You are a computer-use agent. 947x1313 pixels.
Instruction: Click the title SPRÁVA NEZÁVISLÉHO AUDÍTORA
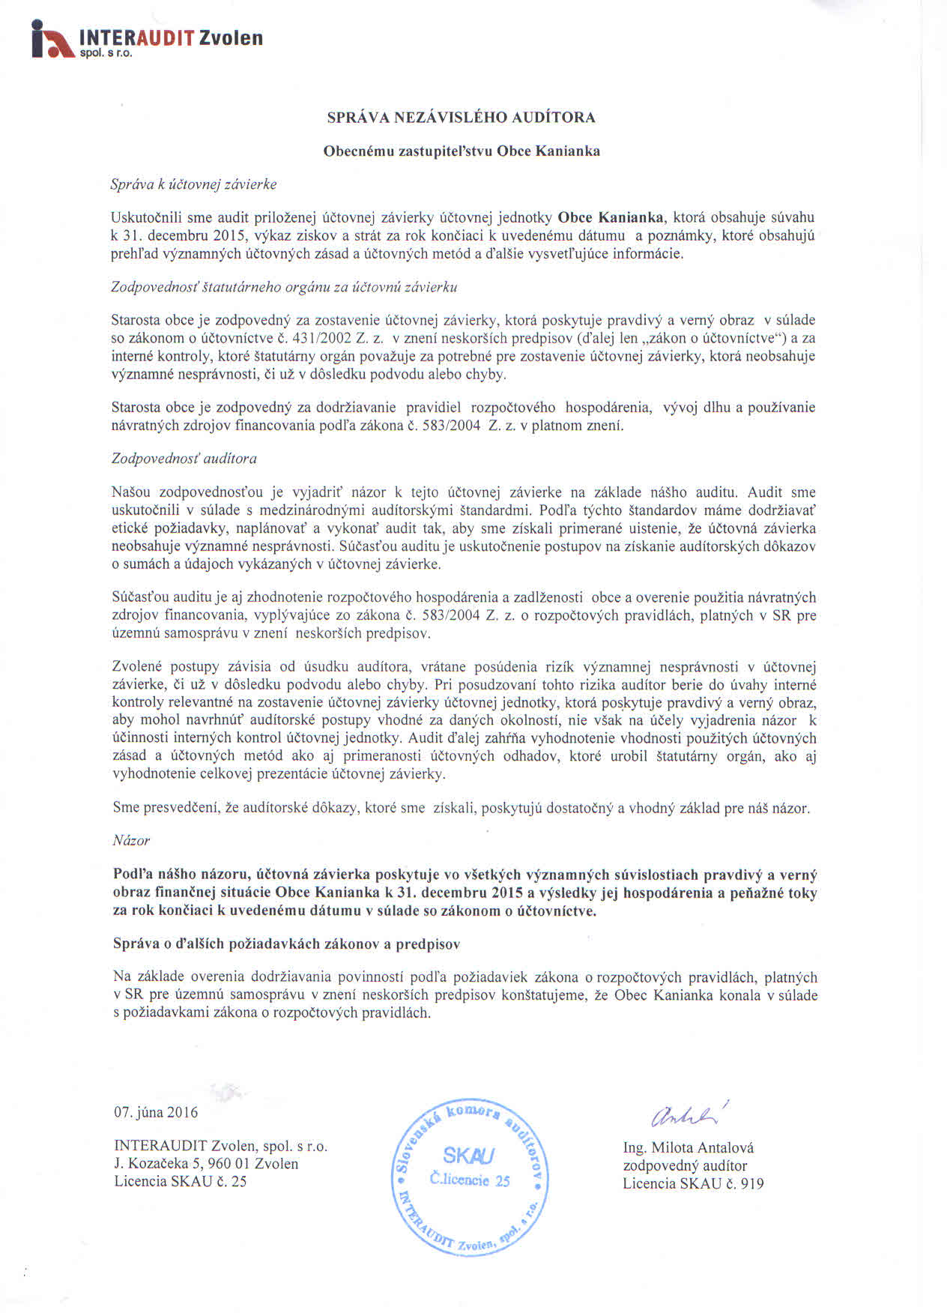tap(461, 118)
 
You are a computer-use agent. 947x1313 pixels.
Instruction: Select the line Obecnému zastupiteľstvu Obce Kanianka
tap(461, 151)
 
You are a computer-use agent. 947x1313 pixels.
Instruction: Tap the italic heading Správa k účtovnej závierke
tap(193, 184)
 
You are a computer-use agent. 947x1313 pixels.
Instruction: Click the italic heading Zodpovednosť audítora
tap(184, 458)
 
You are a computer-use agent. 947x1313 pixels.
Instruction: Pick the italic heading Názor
tap(131, 841)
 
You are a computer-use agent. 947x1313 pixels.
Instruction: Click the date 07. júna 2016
tap(156, 1112)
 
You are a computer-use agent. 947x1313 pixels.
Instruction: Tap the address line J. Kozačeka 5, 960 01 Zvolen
tap(206, 1164)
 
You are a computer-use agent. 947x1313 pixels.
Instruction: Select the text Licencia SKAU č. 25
tap(180, 1182)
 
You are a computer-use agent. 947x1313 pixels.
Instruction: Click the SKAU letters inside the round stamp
tap(468, 1155)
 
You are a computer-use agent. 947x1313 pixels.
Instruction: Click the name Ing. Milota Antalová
tap(688, 1148)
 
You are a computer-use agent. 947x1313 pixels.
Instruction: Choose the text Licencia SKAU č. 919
tap(693, 1184)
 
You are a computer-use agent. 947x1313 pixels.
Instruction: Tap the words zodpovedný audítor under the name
tap(685, 1166)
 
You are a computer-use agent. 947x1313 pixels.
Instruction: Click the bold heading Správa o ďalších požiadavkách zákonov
tap(286, 944)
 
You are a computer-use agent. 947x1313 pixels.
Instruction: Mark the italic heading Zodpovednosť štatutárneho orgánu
tap(284, 287)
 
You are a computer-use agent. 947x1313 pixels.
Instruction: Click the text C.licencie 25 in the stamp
tap(470, 1180)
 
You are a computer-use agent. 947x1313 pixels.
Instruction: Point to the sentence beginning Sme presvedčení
tap(461, 809)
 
